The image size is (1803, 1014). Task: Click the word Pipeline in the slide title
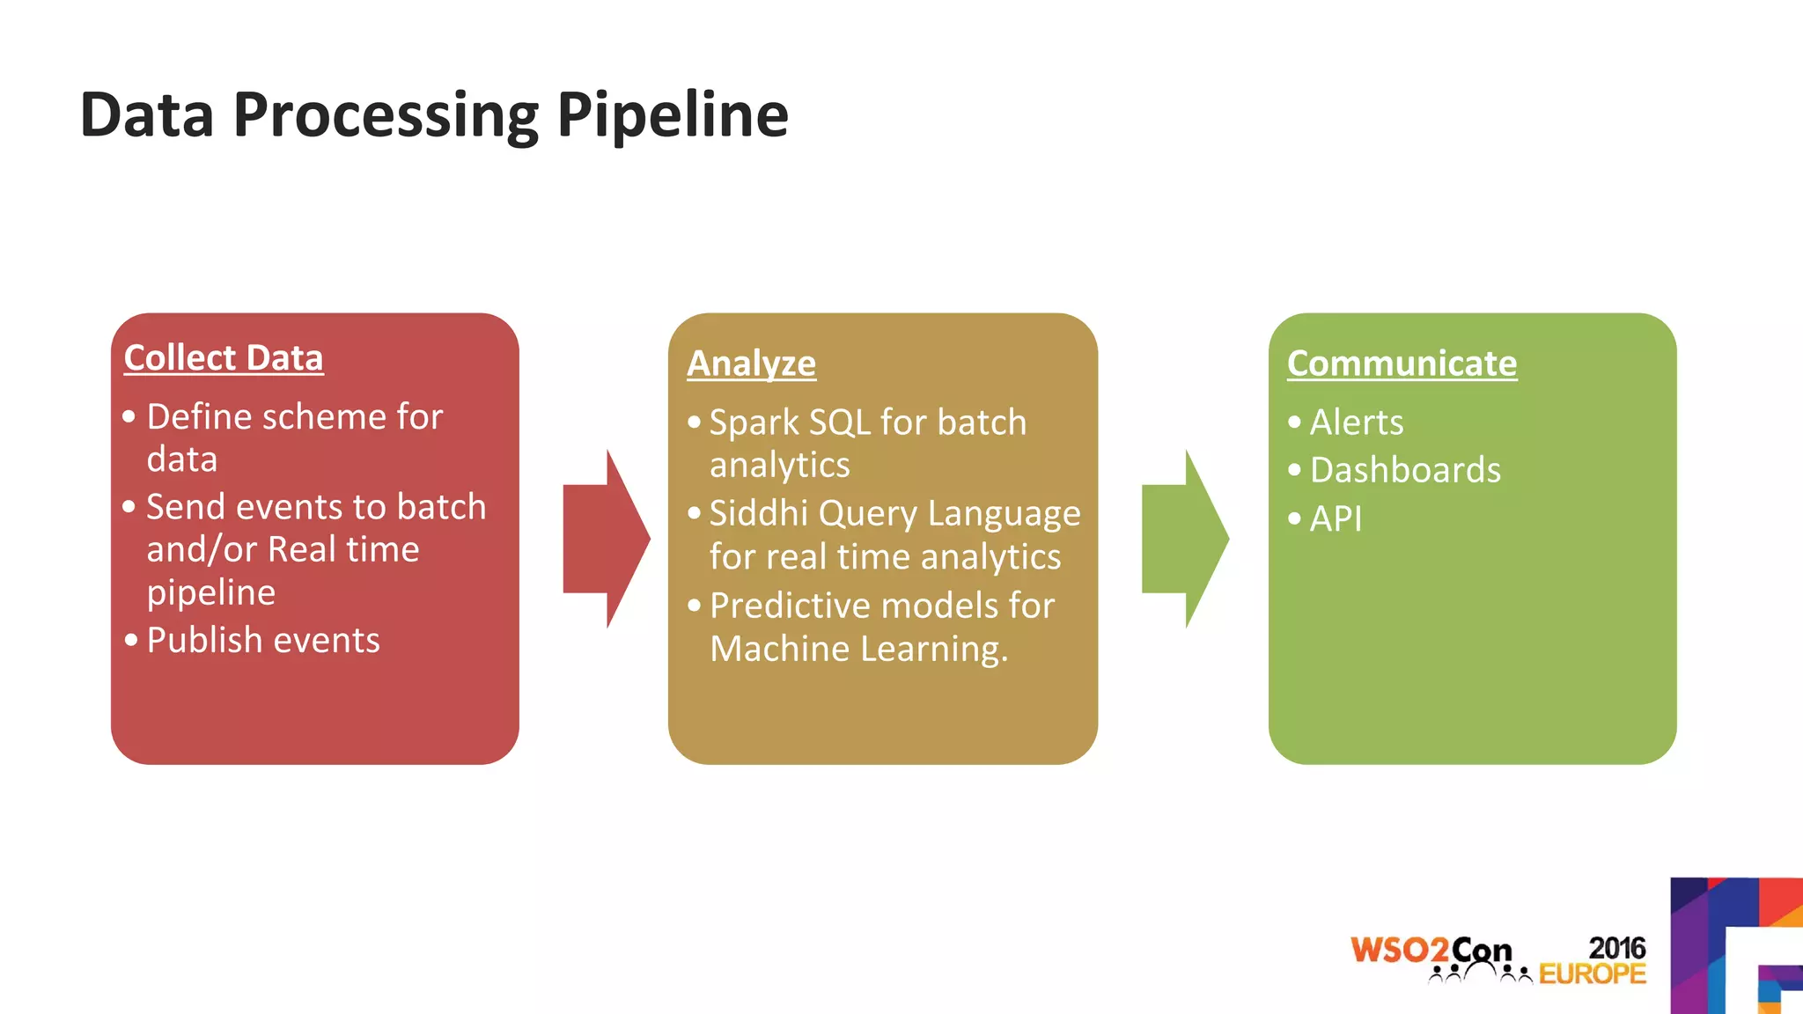coord(673,115)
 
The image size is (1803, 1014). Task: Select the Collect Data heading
coord(224,358)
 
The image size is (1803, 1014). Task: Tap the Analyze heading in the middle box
coord(751,364)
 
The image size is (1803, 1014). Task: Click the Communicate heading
coord(1402,364)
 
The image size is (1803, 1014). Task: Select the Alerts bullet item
coord(1356,422)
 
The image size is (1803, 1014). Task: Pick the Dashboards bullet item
coord(1405,470)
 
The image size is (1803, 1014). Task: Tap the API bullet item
coord(1336,518)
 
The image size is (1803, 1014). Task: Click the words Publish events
coord(263,640)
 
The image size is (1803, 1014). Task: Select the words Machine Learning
coord(858,650)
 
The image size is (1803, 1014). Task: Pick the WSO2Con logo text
coord(1431,951)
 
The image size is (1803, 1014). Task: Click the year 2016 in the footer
coord(1616,948)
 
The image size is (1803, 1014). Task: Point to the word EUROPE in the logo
coord(1592,974)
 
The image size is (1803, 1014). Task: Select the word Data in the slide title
coord(147,115)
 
